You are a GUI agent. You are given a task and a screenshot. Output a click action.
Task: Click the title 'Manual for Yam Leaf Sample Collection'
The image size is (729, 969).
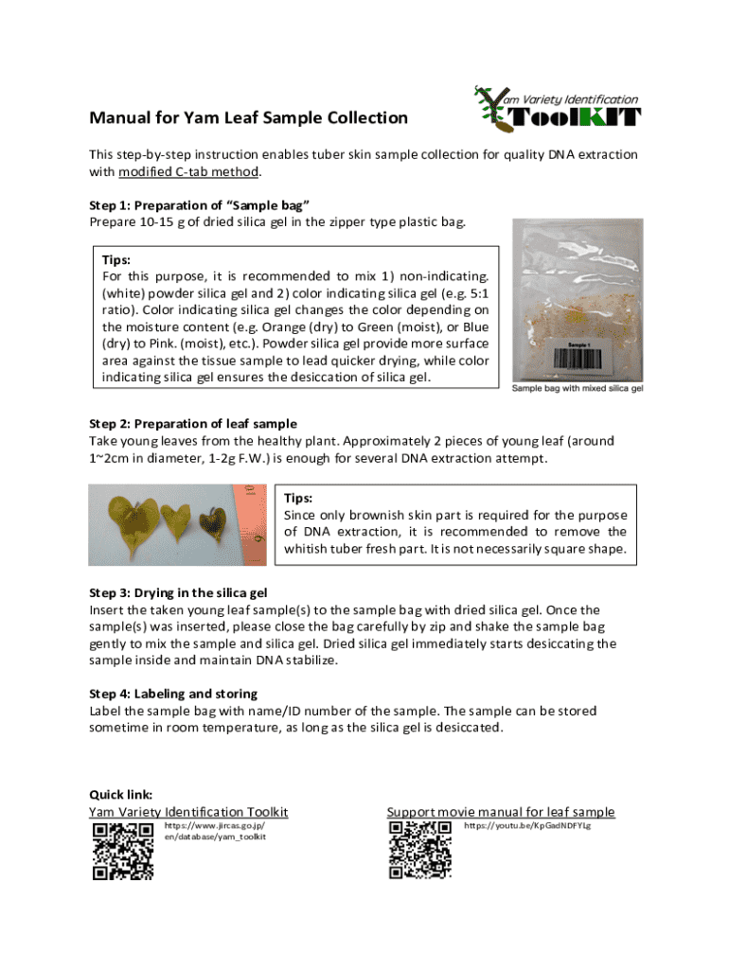click(248, 118)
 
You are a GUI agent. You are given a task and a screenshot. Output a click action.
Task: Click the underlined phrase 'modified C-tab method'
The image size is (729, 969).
click(188, 172)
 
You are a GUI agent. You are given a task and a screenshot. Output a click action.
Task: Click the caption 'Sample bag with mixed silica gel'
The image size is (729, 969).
click(578, 388)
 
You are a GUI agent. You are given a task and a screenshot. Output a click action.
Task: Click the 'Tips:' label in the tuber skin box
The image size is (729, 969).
click(298, 498)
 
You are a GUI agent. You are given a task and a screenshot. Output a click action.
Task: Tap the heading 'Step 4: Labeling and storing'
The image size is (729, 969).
click(173, 694)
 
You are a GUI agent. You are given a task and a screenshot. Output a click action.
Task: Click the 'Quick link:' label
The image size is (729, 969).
click(121, 795)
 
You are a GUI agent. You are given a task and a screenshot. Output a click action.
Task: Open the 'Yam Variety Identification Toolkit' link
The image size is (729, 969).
click(188, 812)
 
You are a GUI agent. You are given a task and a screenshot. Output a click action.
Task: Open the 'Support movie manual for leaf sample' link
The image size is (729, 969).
click(501, 812)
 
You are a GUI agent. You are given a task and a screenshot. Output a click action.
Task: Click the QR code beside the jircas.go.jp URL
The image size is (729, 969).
click(122, 851)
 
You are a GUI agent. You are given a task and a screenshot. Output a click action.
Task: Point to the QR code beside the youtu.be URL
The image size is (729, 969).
click(420, 851)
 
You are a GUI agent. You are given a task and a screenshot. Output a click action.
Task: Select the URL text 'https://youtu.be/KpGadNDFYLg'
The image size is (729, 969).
click(526, 826)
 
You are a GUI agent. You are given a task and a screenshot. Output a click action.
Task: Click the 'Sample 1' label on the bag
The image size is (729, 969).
click(580, 344)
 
